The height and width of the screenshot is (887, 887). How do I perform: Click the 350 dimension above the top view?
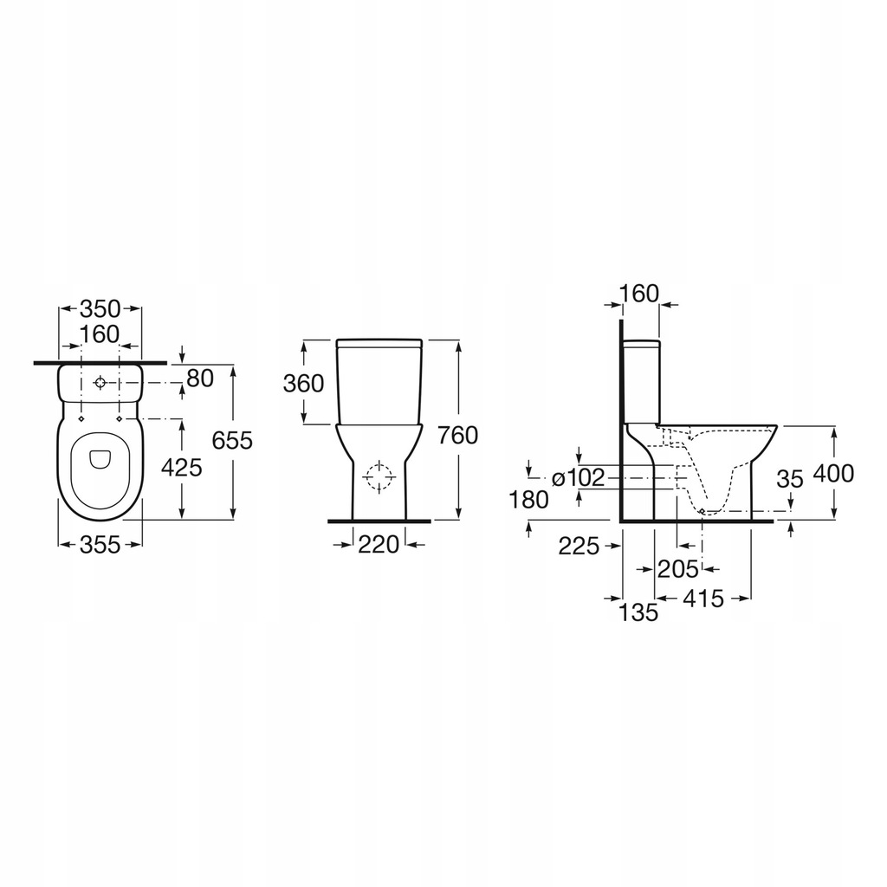[x=100, y=308]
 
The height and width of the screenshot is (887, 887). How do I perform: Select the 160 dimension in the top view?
[x=100, y=334]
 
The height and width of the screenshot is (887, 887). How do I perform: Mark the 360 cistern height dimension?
[x=303, y=383]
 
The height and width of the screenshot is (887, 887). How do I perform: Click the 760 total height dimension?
[x=458, y=435]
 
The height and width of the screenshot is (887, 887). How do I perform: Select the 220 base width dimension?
[x=378, y=544]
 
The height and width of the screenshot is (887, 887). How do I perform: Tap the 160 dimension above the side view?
[x=640, y=293]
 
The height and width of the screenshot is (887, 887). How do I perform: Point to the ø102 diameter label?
[x=577, y=477]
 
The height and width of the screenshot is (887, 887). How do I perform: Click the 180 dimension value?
[x=529, y=499]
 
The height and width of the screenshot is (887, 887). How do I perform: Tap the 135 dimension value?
[x=639, y=612]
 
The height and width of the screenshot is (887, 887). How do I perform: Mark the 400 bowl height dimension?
[x=834, y=473]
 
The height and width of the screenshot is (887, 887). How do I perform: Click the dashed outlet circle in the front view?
[x=379, y=477]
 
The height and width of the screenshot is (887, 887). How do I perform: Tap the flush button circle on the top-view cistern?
[x=100, y=382]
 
